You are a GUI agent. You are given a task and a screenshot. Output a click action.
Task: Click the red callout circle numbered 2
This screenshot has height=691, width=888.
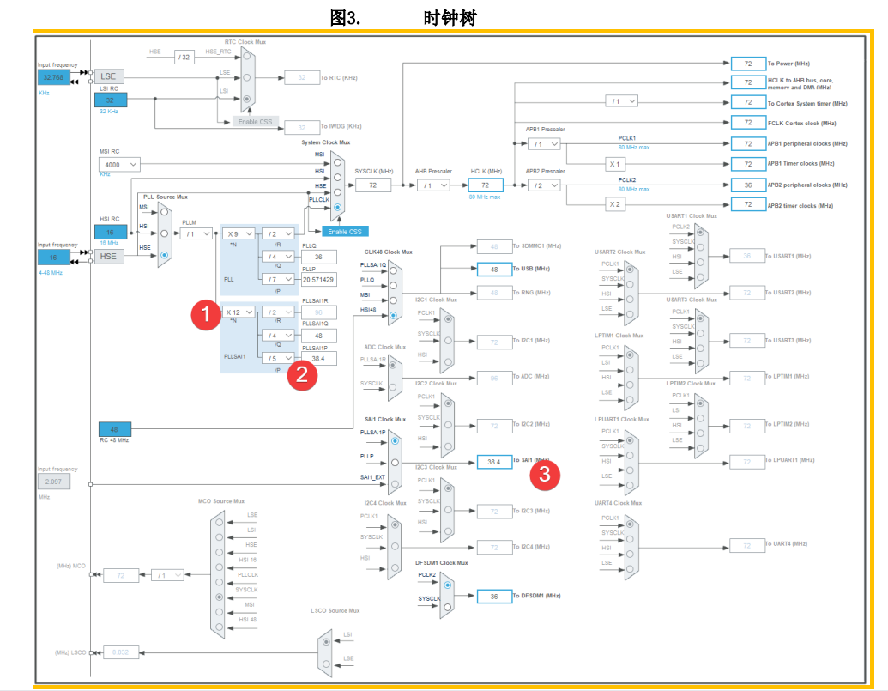point(301,374)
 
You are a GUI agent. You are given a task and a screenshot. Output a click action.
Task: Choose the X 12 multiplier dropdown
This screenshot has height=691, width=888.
point(238,312)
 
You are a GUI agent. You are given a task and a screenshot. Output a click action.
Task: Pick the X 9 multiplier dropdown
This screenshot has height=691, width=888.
point(238,233)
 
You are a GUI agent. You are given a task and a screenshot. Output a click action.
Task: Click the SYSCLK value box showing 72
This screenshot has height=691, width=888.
point(373,185)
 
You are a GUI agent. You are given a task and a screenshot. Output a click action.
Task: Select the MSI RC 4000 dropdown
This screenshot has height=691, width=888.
point(119,164)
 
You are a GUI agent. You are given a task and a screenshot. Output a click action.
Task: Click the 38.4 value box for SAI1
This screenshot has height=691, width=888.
point(493,461)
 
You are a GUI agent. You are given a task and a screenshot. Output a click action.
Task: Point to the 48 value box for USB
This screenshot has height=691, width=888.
point(493,269)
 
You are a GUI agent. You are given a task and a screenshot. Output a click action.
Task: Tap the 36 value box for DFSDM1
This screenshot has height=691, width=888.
point(493,596)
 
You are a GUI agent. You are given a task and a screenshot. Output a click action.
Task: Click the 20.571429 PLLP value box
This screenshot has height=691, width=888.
point(318,279)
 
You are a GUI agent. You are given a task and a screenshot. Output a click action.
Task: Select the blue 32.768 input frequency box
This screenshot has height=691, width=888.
point(53,77)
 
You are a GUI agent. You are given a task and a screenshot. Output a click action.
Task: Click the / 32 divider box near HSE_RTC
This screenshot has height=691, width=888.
point(184,57)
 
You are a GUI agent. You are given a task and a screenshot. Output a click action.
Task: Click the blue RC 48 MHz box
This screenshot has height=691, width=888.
point(114,429)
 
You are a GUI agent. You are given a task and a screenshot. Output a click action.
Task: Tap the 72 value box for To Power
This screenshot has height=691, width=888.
point(747,64)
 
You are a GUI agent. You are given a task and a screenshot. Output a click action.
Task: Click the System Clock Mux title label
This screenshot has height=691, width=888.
point(325,142)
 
